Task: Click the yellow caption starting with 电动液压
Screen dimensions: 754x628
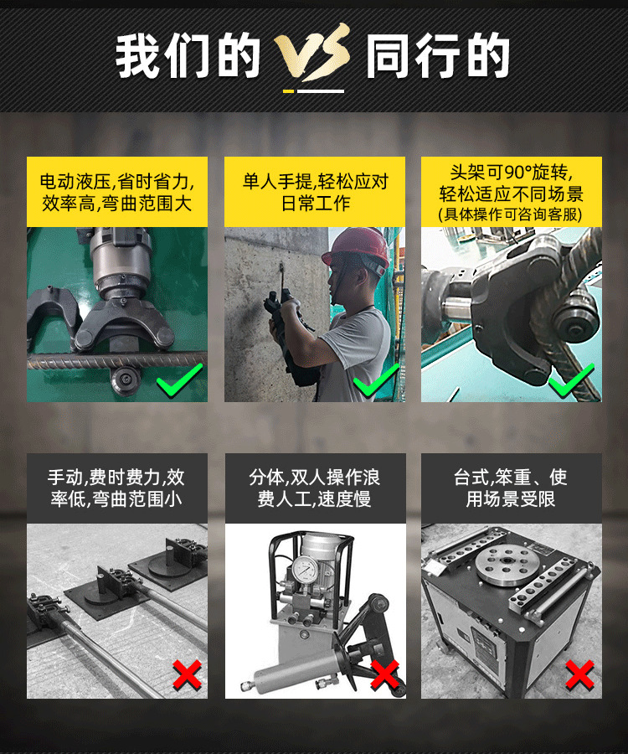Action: [x=117, y=192]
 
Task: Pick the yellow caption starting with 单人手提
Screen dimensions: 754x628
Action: [x=315, y=192]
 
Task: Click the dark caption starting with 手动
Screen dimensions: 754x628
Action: [x=117, y=488]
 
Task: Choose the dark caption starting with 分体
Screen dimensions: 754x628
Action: [x=315, y=488]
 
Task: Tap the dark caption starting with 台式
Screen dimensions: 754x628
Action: [x=511, y=488]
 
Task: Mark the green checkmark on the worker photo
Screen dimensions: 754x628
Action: [x=375, y=383]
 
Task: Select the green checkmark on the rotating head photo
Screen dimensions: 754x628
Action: [x=571, y=381]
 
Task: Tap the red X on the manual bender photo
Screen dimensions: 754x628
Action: [x=186, y=674]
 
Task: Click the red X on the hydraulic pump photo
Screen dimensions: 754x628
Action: [x=384, y=674]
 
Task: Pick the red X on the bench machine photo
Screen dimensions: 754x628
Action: [x=579, y=674]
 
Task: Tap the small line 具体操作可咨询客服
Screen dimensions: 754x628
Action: [x=511, y=214]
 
